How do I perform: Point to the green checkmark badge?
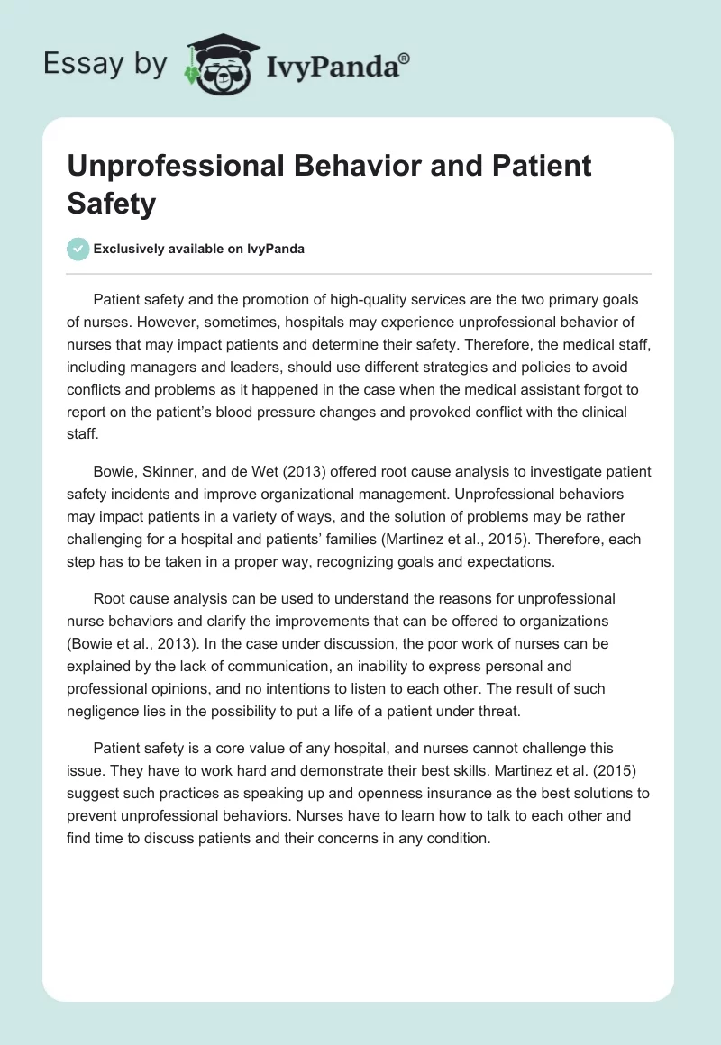coord(78,249)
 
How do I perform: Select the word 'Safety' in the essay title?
coord(111,203)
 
